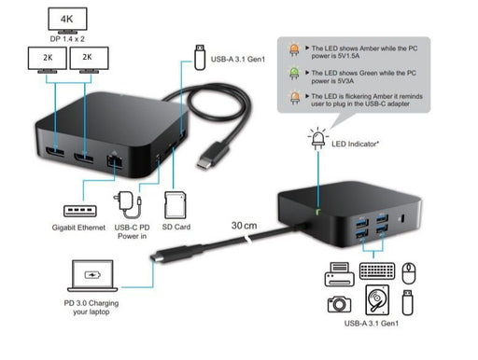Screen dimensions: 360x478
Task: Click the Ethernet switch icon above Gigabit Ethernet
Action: coord(77,210)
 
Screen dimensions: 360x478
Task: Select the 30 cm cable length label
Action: coord(245,225)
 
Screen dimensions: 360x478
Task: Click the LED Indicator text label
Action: coord(367,144)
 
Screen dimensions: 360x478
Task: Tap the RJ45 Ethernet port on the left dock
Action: coord(119,159)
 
